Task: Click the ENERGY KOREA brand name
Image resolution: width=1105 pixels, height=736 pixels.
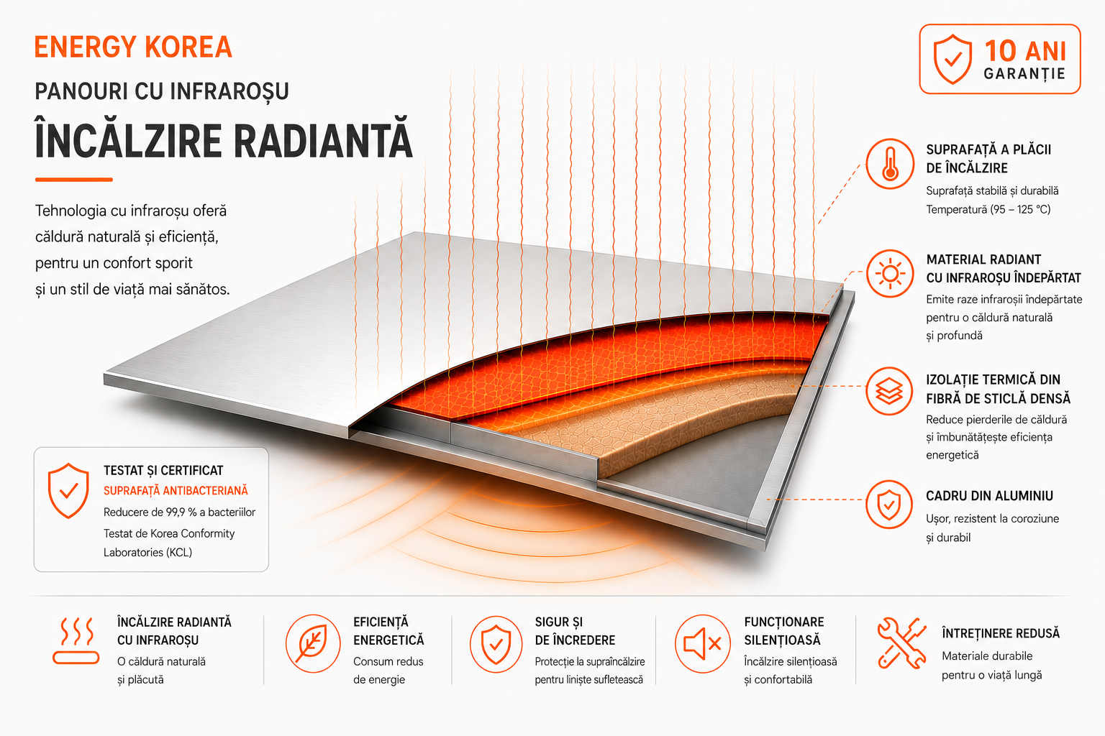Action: [x=133, y=47]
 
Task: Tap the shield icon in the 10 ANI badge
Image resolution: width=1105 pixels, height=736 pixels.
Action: [x=952, y=59]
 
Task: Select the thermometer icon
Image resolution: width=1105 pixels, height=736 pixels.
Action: [x=890, y=164]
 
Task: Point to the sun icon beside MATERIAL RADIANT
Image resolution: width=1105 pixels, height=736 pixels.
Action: [x=890, y=274]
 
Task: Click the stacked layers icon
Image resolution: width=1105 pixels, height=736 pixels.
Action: [x=889, y=391]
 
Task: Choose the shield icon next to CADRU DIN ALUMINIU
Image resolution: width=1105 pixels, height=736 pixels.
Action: [x=889, y=505]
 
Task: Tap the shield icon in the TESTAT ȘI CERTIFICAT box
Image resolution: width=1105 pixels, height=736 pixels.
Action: [x=68, y=490]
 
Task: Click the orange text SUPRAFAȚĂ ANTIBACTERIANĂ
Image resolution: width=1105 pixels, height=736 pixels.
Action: [x=176, y=490]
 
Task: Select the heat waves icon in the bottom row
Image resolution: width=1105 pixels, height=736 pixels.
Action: [x=76, y=641]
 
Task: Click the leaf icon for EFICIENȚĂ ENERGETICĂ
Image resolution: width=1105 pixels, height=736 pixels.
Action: [x=313, y=643]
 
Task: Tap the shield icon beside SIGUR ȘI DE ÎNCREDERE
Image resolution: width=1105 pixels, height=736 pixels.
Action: [x=496, y=644]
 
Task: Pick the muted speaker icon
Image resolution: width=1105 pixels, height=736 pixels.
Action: [x=702, y=643]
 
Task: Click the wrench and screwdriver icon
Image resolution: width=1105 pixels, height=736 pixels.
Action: [x=901, y=643]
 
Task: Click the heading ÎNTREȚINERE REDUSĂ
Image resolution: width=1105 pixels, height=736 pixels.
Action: [x=1001, y=633]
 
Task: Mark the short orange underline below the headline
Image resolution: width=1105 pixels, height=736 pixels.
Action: [x=74, y=180]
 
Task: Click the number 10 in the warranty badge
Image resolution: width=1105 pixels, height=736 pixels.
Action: [x=1001, y=51]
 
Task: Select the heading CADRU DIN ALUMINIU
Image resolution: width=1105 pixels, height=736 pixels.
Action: [x=989, y=496]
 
